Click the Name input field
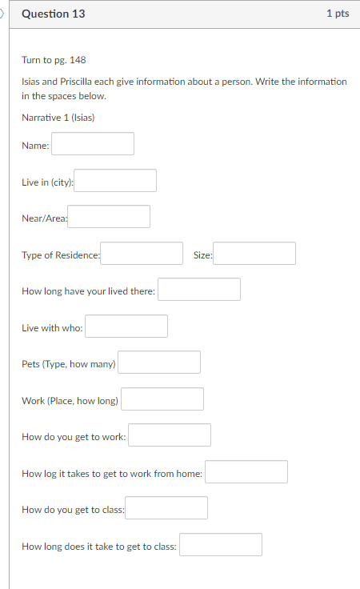(93, 143)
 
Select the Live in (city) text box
(115, 180)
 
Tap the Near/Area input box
(109, 216)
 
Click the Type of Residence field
(142, 253)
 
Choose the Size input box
(254, 253)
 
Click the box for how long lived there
(199, 289)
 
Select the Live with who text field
(126, 326)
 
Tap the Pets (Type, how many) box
(159, 362)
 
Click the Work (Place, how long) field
(162, 399)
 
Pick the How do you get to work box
(170, 435)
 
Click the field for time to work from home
(246, 472)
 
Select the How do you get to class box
(166, 508)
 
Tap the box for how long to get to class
(221, 545)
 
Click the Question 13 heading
(54, 14)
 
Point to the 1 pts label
(338, 14)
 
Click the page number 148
(78, 60)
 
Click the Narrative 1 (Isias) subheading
(58, 118)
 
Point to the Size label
(202, 255)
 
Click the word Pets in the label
(30, 364)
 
